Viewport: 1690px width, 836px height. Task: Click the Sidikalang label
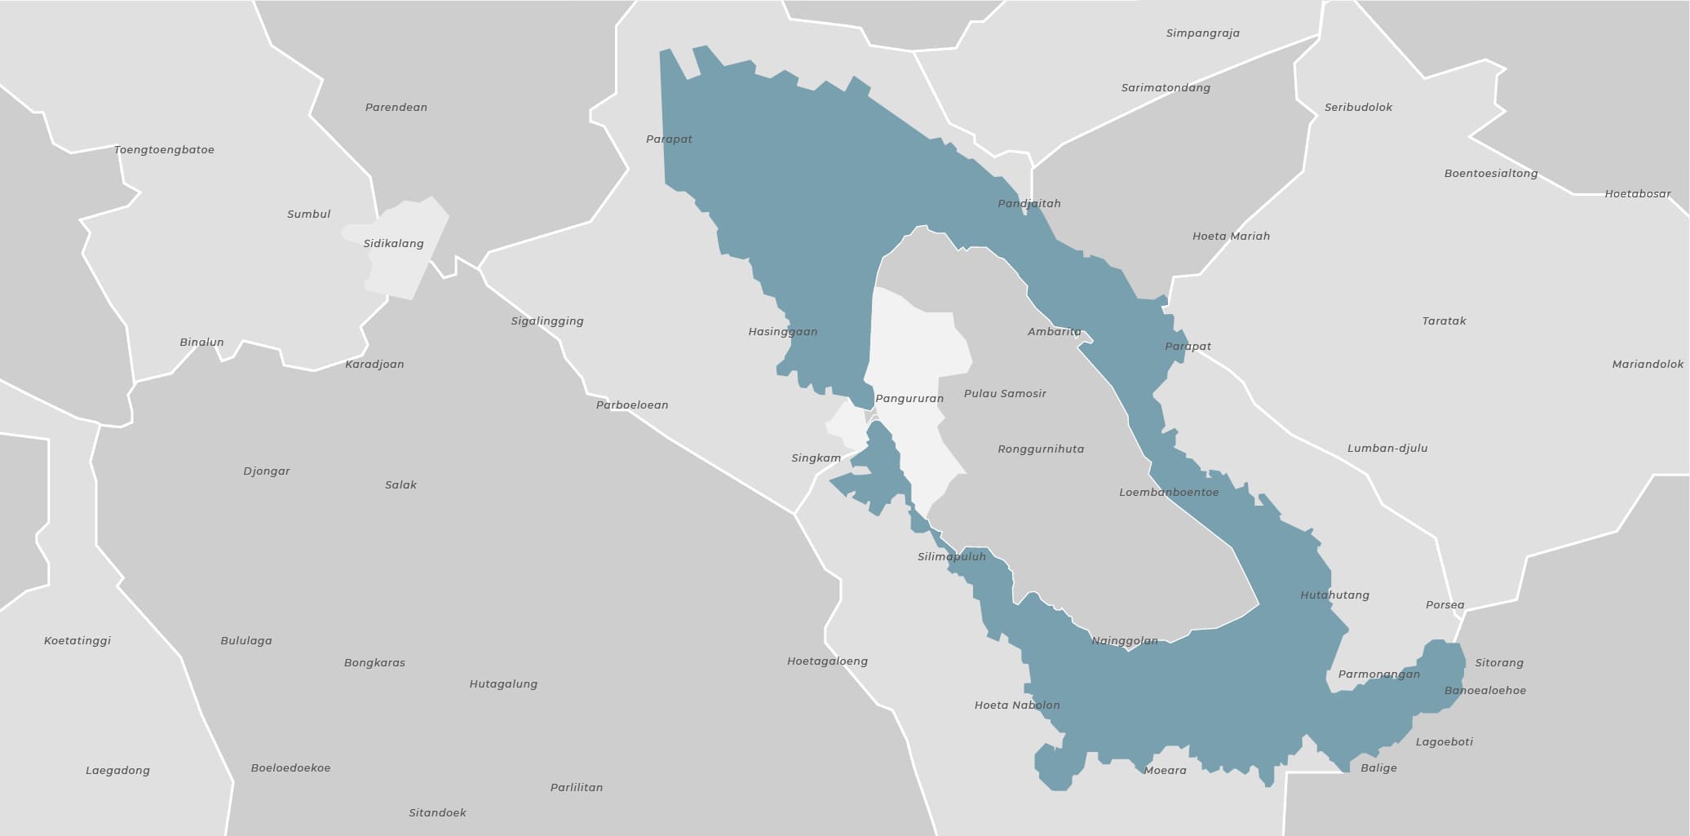click(x=393, y=244)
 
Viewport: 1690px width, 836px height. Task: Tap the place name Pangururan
click(x=909, y=399)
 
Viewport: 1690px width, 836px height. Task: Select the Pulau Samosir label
click(x=1005, y=394)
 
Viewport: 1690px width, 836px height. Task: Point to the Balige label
click(x=1378, y=768)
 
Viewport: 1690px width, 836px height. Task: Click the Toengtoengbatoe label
click(x=164, y=150)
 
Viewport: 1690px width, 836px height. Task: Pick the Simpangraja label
click(x=1202, y=33)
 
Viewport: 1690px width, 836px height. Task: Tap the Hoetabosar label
click(x=1637, y=194)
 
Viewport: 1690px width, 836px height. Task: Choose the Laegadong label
click(x=117, y=771)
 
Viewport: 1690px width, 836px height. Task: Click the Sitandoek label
click(x=437, y=813)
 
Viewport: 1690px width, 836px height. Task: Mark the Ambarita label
click(x=1054, y=332)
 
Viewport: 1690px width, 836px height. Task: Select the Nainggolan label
click(x=1124, y=641)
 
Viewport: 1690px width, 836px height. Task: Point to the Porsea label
click(x=1444, y=605)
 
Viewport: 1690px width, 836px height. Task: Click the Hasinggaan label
click(x=782, y=332)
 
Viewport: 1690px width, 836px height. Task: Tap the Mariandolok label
click(x=1648, y=365)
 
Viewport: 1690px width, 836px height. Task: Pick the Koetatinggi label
click(x=77, y=641)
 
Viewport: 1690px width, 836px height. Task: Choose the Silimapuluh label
click(x=951, y=557)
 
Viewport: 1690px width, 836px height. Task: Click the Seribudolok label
click(x=1358, y=108)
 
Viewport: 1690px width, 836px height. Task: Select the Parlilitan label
click(x=576, y=788)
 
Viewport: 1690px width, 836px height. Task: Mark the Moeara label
click(x=1165, y=771)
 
